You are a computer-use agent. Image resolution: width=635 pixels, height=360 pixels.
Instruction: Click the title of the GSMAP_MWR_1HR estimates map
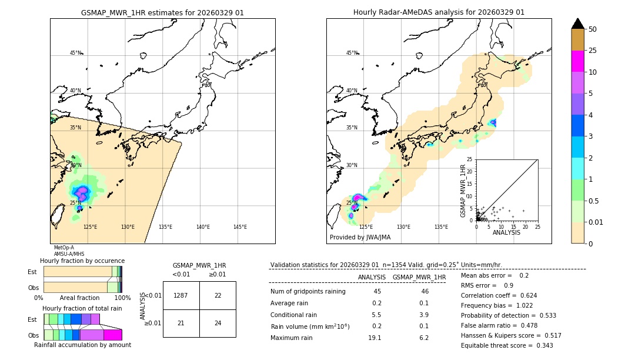pos(162,12)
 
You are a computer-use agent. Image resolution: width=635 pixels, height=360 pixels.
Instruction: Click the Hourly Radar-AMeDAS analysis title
pos(439,12)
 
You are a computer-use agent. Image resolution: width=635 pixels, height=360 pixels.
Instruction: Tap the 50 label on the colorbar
pos(593,29)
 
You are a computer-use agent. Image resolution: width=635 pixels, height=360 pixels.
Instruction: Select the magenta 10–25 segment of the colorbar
pos(578,61)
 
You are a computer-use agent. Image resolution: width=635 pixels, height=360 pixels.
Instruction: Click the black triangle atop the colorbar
pos(578,24)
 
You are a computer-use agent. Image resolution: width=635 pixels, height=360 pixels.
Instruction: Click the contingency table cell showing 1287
pos(181,295)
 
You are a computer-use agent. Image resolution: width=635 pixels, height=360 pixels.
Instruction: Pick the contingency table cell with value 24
pos(218,323)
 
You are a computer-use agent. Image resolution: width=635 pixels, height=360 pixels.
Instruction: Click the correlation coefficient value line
pos(499,295)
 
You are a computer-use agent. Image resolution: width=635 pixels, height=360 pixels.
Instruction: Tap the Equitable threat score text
pos(507,345)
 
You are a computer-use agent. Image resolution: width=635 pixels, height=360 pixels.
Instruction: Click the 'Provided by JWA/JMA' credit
pos(360,238)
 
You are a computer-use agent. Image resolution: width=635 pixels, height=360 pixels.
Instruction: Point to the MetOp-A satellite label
pos(63,248)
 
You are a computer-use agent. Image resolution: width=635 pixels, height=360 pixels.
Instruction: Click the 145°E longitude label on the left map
pos(240,227)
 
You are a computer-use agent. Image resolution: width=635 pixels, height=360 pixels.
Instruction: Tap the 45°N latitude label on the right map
pos(352,53)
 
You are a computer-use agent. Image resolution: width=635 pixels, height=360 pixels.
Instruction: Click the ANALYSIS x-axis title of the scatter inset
pos(506,232)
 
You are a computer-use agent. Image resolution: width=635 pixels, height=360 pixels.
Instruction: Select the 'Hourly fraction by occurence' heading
pos(82,261)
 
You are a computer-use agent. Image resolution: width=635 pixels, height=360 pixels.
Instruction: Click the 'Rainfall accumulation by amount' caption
pos(82,345)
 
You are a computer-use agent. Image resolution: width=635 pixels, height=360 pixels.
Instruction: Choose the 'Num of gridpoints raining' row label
pos(308,291)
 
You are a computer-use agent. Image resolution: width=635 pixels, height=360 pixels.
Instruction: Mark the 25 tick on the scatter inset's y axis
pos(470,159)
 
